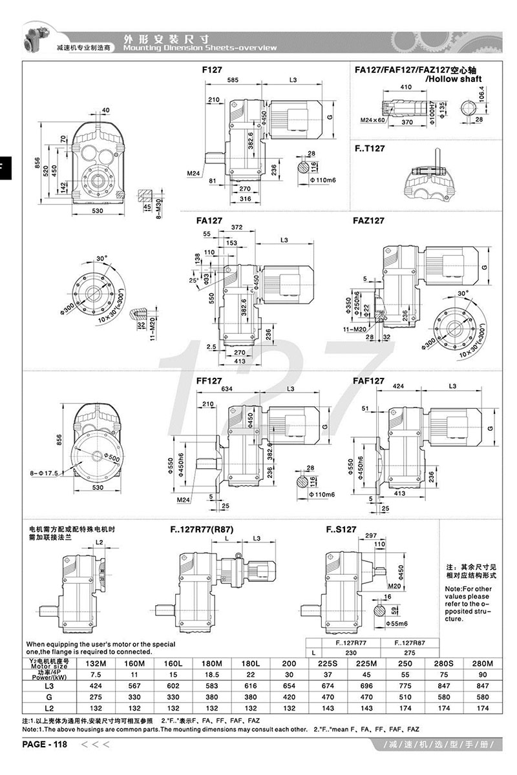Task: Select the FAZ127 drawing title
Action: pyautogui.click(x=369, y=220)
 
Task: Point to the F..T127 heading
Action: pyautogui.click(x=370, y=148)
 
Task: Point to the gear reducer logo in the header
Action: pyautogui.click(x=36, y=37)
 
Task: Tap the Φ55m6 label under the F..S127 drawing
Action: pyautogui.click(x=397, y=624)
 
